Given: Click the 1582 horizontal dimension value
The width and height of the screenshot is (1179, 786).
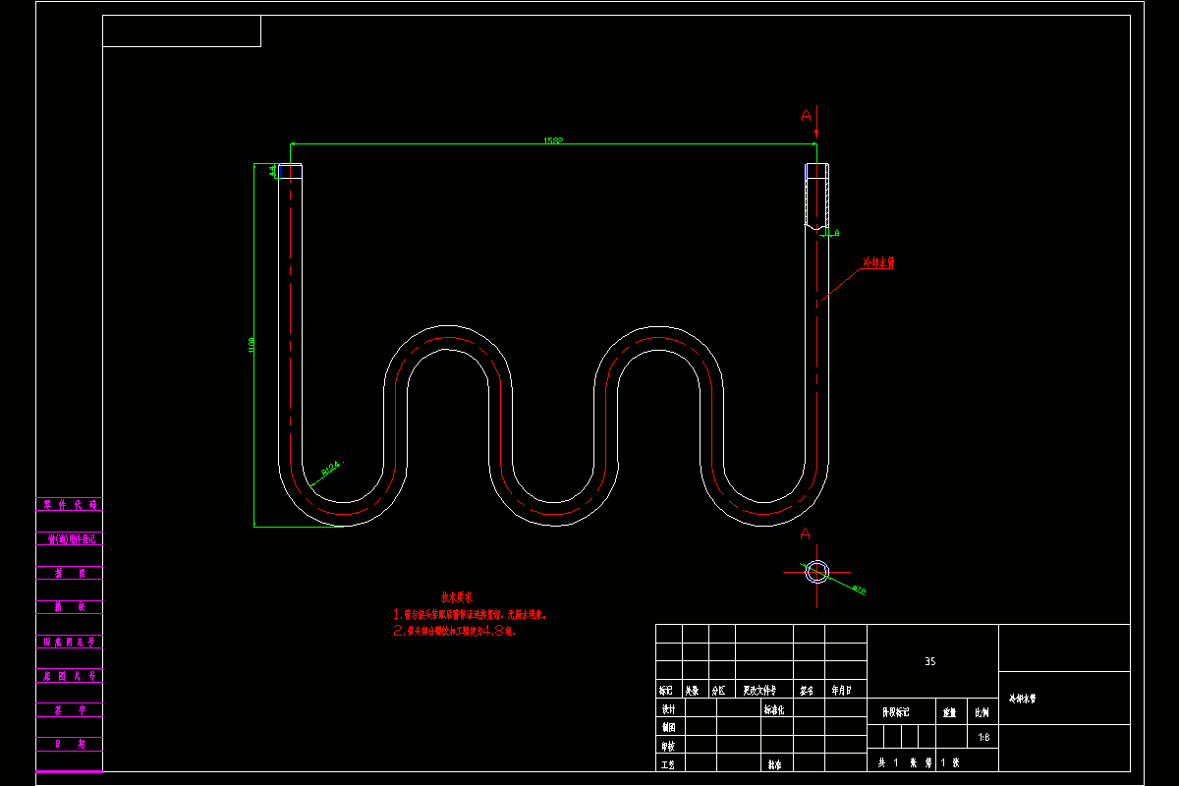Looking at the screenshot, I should point(553,140).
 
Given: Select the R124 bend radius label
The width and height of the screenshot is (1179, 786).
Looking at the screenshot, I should point(330,468).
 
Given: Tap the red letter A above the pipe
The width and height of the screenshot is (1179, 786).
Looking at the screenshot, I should point(807,116).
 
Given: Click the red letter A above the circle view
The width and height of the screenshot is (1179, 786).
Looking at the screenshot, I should point(805,533).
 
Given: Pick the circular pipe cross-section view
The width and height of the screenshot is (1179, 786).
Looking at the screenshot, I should point(816,571).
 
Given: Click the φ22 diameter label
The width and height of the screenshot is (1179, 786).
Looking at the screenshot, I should point(859,589).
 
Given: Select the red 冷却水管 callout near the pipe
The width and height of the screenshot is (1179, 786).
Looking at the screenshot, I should point(878,262).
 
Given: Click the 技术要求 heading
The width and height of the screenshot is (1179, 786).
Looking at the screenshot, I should point(456,596).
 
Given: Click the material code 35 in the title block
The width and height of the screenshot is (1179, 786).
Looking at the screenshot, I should point(929,662).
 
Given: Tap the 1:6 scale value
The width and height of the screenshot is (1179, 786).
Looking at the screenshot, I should point(983,737).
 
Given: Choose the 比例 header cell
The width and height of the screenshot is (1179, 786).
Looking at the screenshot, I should point(982,711).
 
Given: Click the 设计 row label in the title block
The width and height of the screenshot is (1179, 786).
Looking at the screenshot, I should point(668,708).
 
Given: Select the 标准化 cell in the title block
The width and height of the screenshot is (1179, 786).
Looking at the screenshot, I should point(774,708).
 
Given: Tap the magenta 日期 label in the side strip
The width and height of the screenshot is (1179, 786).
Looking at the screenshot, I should point(68,744).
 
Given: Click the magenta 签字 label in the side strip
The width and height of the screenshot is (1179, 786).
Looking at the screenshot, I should point(68,709).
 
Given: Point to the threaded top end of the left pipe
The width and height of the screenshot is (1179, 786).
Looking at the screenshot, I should point(291,171).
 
